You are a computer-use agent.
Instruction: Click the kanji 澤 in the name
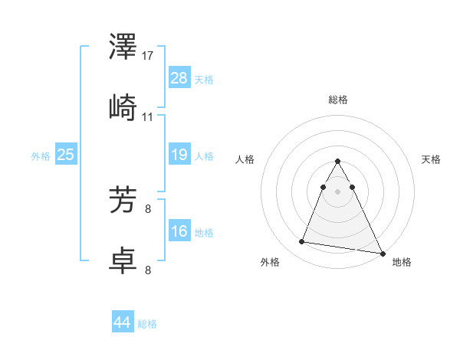pyautogui.click(x=123, y=48)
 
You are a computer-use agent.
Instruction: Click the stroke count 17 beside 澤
pyautogui.click(x=149, y=55)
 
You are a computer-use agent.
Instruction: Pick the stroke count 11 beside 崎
pyautogui.click(x=148, y=117)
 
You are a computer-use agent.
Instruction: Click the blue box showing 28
pyautogui.click(x=179, y=77)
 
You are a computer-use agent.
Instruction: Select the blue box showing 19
pyautogui.click(x=179, y=155)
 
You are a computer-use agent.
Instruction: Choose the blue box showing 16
pyautogui.click(x=179, y=231)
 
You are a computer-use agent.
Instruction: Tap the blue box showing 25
pyautogui.click(x=65, y=155)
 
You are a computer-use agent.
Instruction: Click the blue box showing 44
pyautogui.click(x=122, y=322)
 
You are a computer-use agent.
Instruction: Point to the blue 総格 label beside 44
pyautogui.click(x=147, y=324)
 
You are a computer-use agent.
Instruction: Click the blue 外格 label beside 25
pyautogui.click(x=41, y=155)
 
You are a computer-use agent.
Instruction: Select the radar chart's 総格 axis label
pyautogui.click(x=338, y=100)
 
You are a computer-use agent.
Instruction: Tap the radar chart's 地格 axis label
pyautogui.click(x=402, y=262)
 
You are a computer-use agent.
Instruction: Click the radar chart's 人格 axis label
pyautogui.click(x=245, y=159)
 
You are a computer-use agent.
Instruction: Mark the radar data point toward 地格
pyautogui.click(x=383, y=253)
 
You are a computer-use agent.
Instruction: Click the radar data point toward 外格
pyautogui.click(x=301, y=242)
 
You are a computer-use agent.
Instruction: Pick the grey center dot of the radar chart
pyautogui.click(x=338, y=191)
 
